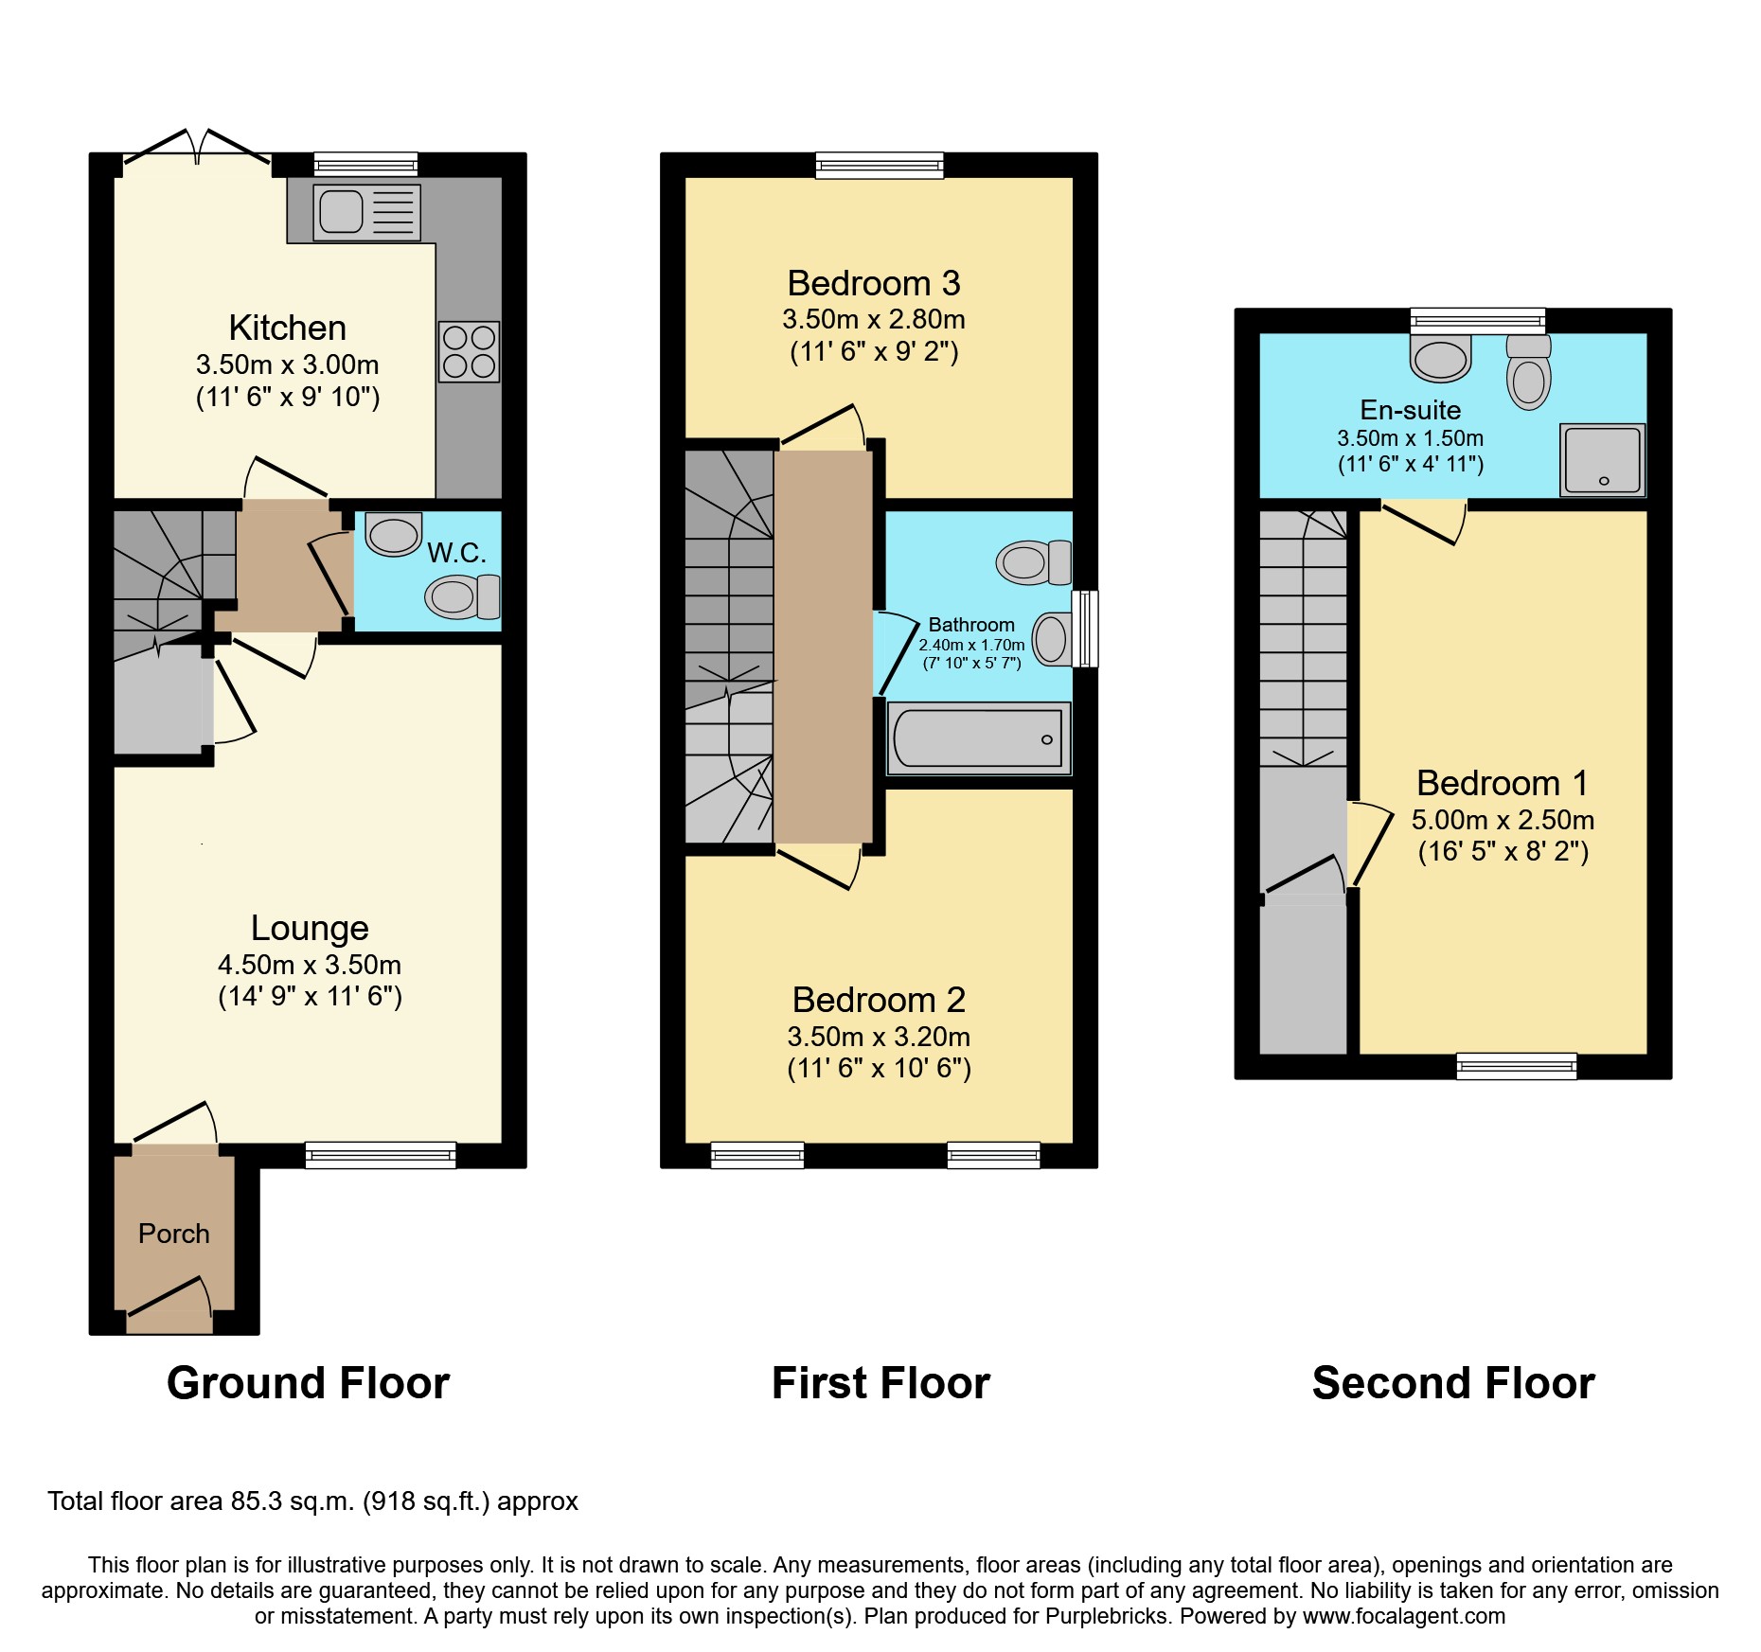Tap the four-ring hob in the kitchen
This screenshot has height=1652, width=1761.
coord(469,351)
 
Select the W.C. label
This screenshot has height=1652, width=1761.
coord(456,553)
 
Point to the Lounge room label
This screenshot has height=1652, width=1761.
coord(310,928)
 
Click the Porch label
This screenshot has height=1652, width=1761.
coord(173,1234)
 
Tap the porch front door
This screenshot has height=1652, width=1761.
coord(169,1297)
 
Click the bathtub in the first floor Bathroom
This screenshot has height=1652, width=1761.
coord(979,738)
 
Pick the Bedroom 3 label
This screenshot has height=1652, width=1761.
coord(873,283)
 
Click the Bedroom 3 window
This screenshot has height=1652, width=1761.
coord(880,166)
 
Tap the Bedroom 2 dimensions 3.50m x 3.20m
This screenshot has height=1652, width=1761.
coord(879,1037)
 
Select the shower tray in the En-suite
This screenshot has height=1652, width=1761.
coord(1602,460)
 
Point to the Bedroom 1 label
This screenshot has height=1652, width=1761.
coord(1502,783)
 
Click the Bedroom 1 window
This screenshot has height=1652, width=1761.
coord(1516,1066)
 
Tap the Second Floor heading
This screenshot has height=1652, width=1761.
coord(1452,1383)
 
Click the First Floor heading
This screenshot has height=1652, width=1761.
coord(880,1383)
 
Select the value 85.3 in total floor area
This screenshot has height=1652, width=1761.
coord(257,1501)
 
